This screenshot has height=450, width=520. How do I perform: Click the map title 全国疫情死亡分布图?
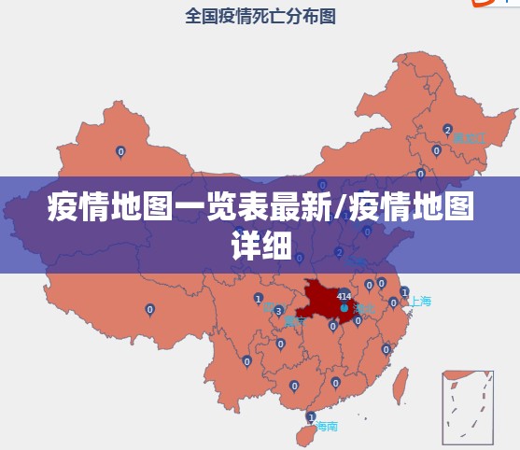click(260, 16)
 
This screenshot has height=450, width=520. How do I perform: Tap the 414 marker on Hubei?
click(344, 298)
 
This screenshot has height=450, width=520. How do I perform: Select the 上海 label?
click(420, 301)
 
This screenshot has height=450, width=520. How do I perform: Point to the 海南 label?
click(326, 426)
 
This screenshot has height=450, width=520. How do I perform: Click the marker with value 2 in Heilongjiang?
click(448, 130)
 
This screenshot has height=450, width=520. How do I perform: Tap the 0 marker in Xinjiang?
click(119, 151)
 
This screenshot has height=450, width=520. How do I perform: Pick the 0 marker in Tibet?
click(149, 309)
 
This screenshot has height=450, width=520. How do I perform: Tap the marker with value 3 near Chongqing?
click(278, 310)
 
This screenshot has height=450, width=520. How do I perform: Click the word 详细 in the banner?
click(260, 244)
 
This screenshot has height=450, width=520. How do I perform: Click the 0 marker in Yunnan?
click(246, 360)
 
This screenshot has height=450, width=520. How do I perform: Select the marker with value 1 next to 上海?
click(404, 302)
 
